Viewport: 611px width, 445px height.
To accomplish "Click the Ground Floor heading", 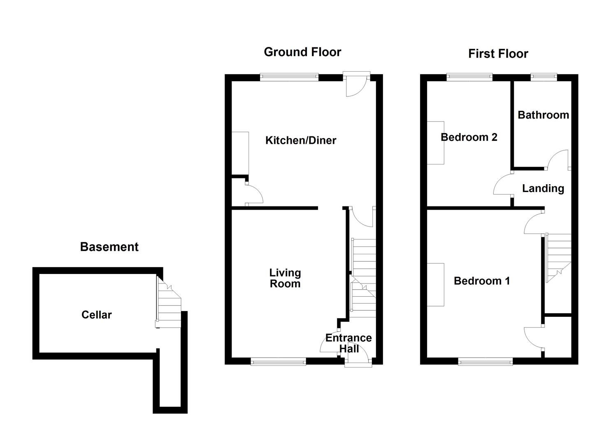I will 302,52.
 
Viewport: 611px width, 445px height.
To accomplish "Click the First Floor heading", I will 498,54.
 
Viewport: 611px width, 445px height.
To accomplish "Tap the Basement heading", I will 109,247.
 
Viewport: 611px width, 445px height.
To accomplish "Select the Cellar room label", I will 96,315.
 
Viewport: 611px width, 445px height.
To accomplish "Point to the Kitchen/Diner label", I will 301,141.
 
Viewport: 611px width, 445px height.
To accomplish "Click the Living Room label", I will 285,278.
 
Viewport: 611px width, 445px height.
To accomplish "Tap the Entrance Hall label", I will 348,343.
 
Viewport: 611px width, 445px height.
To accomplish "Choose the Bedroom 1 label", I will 482,281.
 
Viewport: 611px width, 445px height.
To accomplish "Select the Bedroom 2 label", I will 469,137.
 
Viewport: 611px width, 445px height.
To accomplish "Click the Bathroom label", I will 543,115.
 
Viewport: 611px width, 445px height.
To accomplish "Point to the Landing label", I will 543,188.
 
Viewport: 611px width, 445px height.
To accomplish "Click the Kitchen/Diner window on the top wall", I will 289,77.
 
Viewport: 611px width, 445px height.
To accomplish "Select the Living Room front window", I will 279,361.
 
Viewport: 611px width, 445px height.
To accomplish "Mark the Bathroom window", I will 544,77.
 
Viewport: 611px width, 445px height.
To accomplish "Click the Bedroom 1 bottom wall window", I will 486,361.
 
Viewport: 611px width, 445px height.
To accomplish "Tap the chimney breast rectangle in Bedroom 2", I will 436,143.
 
